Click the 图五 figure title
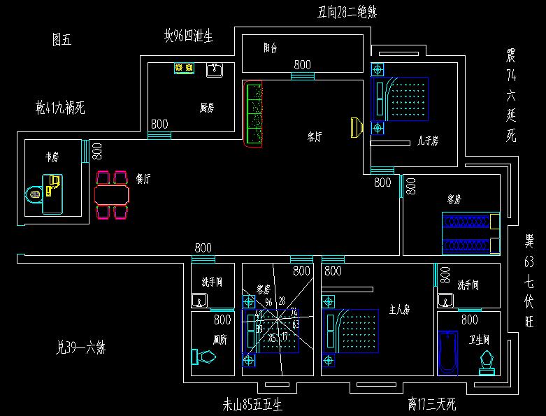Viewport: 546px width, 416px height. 62,41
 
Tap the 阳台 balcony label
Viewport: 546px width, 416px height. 270,48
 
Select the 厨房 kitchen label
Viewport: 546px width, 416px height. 206,108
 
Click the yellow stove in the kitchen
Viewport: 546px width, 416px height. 185,69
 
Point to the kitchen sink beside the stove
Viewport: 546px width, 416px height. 214,69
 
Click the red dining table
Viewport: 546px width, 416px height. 112,192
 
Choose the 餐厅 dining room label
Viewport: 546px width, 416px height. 143,179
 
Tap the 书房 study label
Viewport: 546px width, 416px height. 52,158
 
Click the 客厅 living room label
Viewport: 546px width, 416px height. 315,137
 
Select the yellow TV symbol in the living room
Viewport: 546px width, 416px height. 355,127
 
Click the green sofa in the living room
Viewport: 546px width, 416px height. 253,114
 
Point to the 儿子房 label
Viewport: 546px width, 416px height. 427,141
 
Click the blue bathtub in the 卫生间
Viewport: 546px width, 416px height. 447,352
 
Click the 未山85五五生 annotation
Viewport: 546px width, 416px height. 252,404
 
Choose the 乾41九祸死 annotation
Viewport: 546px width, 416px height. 60,108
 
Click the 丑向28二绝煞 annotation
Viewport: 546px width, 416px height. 347,11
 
